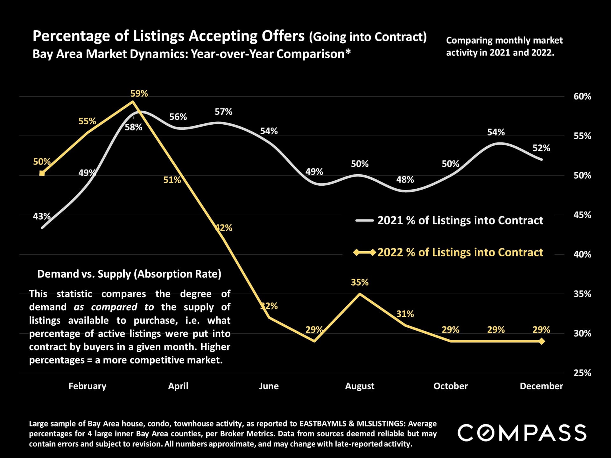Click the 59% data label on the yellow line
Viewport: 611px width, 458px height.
(x=139, y=94)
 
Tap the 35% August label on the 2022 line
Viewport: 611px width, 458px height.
(x=360, y=282)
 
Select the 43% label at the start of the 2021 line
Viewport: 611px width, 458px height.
(x=42, y=216)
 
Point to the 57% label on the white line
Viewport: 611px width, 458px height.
(x=223, y=112)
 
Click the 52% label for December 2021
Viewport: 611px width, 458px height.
(x=541, y=148)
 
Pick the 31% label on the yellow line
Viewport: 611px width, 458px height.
(x=405, y=314)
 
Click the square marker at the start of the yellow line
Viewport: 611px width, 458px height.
(x=42, y=173)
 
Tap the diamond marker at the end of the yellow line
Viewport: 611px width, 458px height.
(x=542, y=341)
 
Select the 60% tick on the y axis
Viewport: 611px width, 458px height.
(x=582, y=96)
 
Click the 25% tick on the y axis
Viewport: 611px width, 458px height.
(x=582, y=373)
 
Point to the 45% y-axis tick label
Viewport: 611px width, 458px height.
(x=582, y=215)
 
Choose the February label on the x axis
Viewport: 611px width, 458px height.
(x=87, y=386)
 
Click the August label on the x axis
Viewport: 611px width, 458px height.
(x=360, y=386)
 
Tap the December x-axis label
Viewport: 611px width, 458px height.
(x=541, y=386)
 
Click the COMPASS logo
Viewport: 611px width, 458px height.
(x=522, y=433)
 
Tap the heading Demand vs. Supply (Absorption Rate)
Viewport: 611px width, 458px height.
(x=129, y=274)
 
